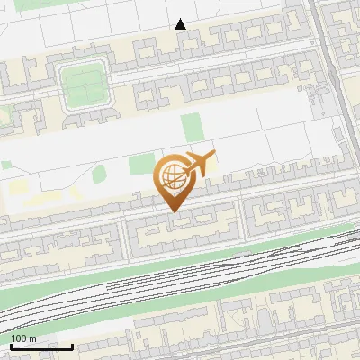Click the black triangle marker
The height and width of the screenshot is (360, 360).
tap(181, 24)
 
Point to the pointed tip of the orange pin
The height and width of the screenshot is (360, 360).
tap(174, 211)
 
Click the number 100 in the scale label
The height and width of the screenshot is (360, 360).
tap(19, 338)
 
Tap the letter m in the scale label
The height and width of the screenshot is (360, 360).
tap(32, 338)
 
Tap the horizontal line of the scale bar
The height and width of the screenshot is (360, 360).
tap(40, 346)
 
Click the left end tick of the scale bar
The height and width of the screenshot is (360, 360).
tap(10, 345)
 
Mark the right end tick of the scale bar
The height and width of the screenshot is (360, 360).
tap(72, 345)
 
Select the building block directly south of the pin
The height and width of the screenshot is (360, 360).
tap(180, 232)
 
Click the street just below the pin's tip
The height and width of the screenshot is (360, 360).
tap(174, 217)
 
